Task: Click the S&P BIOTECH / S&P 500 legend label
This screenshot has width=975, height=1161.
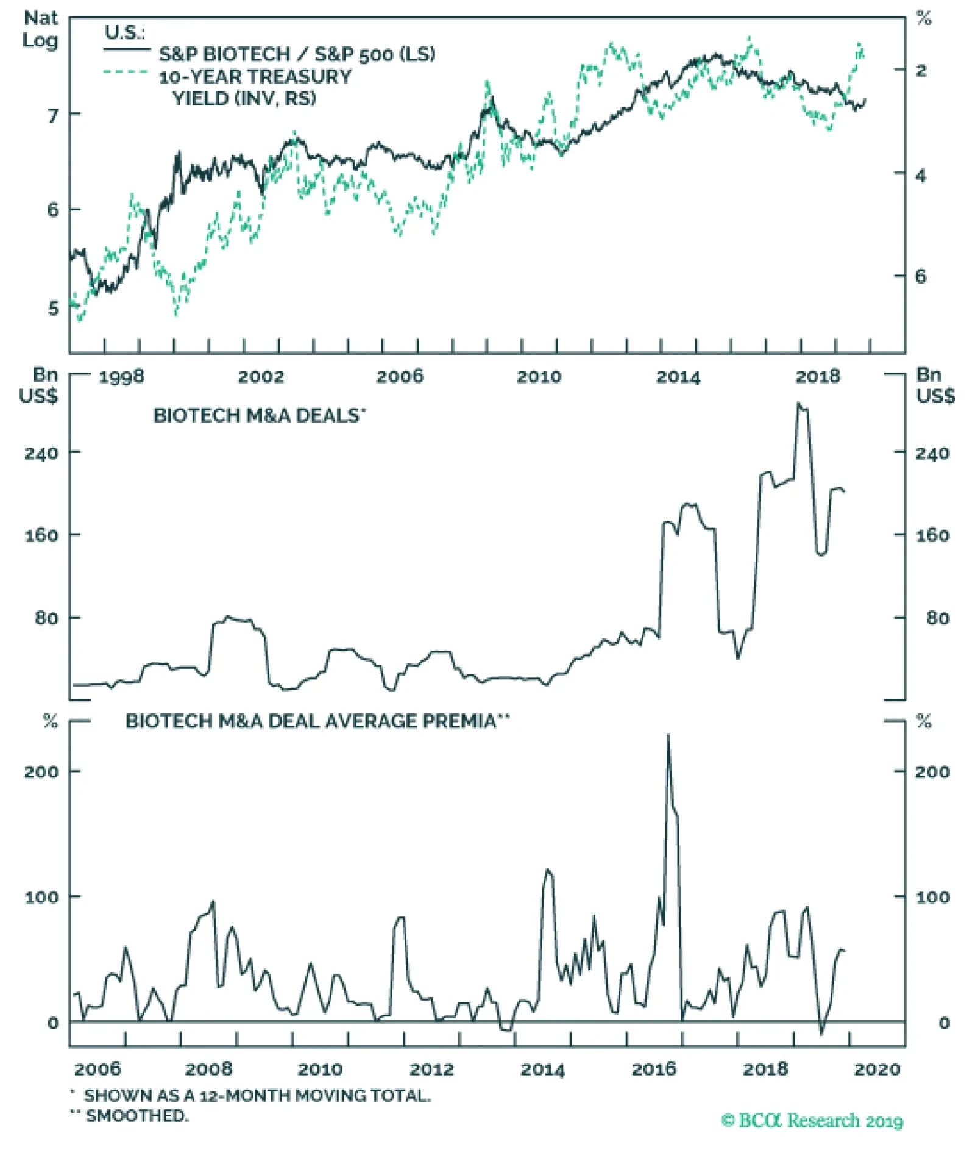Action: [x=297, y=54]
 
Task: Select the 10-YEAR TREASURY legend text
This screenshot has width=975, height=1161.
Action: [x=255, y=77]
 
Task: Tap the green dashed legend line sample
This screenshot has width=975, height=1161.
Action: [x=126, y=73]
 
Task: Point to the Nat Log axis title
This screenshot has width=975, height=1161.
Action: [x=40, y=29]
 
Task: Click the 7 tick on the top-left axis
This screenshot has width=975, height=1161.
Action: [x=54, y=115]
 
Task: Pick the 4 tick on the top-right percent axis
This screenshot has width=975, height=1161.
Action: [x=920, y=176]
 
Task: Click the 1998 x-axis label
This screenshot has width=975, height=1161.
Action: [x=121, y=376]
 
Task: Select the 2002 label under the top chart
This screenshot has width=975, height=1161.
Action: [x=261, y=376]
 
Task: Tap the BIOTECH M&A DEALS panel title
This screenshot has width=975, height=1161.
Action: [x=259, y=415]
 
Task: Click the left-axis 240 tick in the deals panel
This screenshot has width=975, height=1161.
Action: [x=41, y=453]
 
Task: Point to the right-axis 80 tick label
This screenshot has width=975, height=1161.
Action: [x=937, y=618]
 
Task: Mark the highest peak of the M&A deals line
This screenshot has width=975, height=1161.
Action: [x=799, y=404]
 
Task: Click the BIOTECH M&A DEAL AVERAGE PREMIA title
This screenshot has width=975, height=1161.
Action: [x=317, y=721]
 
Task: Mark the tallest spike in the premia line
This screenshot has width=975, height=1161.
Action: [x=668, y=735]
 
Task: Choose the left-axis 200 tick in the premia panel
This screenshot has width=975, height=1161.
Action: [x=41, y=772]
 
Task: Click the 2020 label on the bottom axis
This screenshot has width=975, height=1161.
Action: [x=877, y=1069]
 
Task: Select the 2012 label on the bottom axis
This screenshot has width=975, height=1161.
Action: [x=431, y=1069]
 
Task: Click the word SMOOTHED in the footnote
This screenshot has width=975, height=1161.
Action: [x=137, y=1116]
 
